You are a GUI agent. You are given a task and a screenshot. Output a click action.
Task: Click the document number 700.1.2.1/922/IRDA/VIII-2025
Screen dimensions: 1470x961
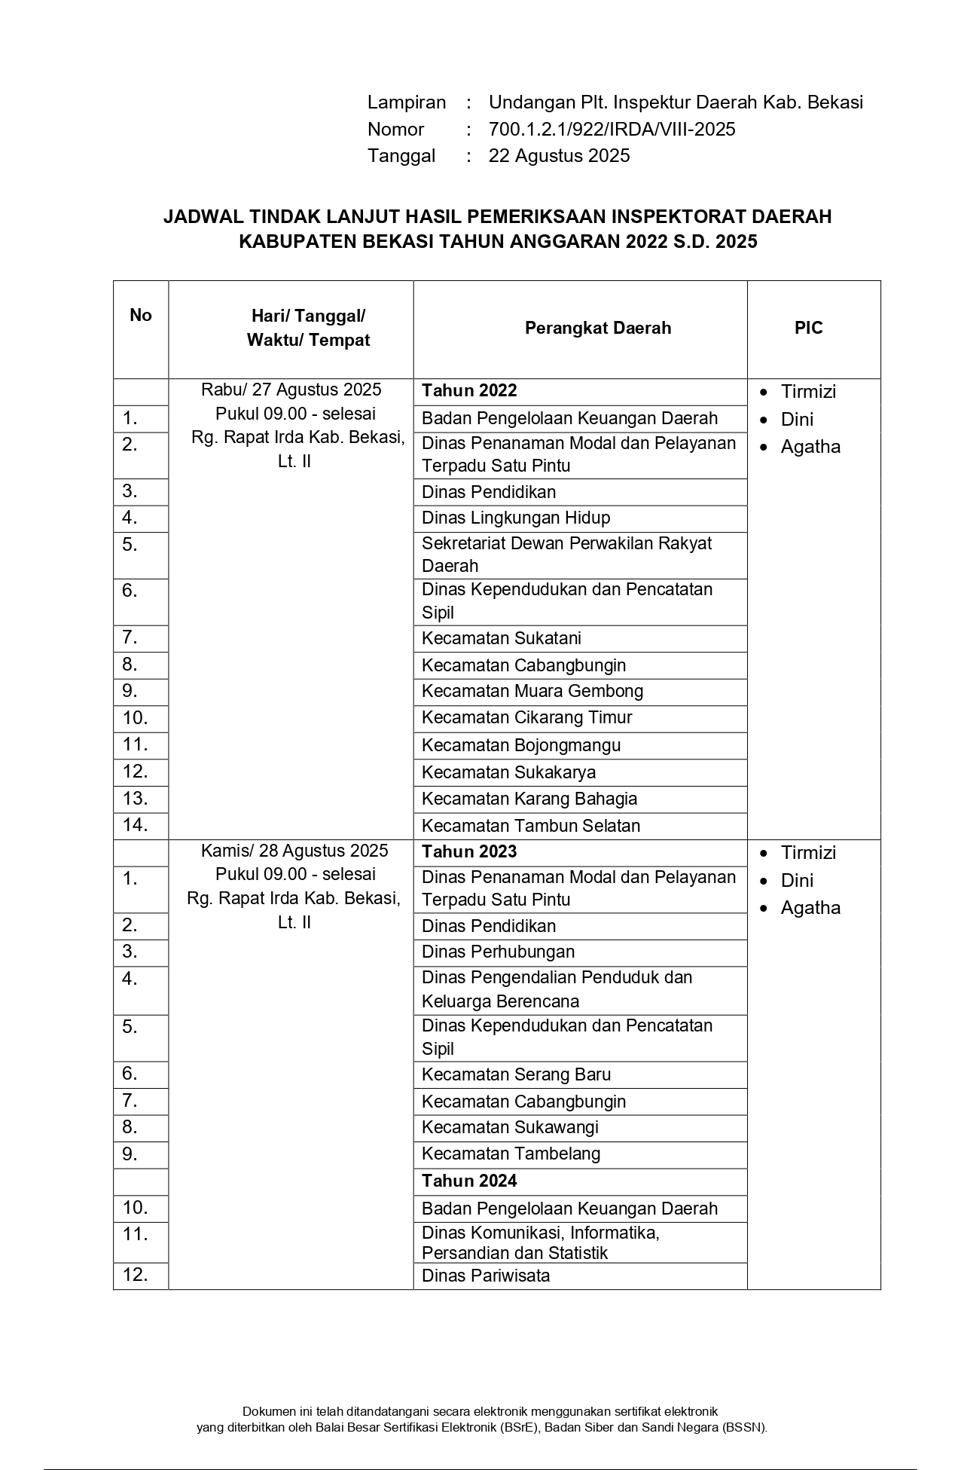pos(612,130)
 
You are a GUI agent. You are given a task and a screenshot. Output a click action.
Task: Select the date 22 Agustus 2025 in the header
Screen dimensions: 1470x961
pos(559,156)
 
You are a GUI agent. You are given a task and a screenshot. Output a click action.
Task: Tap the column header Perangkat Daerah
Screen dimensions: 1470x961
pos(597,329)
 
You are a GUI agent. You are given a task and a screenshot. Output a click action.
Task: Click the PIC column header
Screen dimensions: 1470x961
pos(808,329)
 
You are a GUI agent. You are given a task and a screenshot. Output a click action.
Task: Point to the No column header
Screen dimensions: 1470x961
pos(140,315)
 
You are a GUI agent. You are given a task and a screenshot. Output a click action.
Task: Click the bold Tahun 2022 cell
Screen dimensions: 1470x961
pos(469,390)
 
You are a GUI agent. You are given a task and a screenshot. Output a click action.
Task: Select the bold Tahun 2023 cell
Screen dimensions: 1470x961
pos(469,851)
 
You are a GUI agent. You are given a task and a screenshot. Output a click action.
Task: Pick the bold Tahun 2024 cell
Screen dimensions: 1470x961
pos(469,1181)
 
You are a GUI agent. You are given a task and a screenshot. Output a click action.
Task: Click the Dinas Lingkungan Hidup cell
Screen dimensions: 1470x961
pos(516,518)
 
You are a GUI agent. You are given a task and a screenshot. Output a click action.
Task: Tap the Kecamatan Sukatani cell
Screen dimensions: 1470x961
pos(502,638)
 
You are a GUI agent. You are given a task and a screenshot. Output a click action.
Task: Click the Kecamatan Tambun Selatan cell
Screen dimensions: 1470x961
pos(531,826)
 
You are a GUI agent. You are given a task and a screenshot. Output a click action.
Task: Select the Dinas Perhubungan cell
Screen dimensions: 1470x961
pos(498,952)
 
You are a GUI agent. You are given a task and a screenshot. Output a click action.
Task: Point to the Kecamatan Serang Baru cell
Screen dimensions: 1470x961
pos(516,1074)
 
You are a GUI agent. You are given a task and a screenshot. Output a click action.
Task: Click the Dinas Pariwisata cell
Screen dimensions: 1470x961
pos(486,1276)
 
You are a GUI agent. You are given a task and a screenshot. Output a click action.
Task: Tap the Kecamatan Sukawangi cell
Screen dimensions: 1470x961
pos(510,1127)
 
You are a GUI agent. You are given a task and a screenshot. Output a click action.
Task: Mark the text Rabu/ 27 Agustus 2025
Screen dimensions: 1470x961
pos(291,390)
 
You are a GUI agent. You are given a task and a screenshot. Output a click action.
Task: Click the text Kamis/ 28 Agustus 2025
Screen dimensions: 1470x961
pos(294,851)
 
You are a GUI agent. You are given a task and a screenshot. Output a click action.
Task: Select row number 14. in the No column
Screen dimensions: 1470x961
pos(135,825)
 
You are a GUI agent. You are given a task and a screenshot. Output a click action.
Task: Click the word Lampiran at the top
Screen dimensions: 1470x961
pos(407,102)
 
